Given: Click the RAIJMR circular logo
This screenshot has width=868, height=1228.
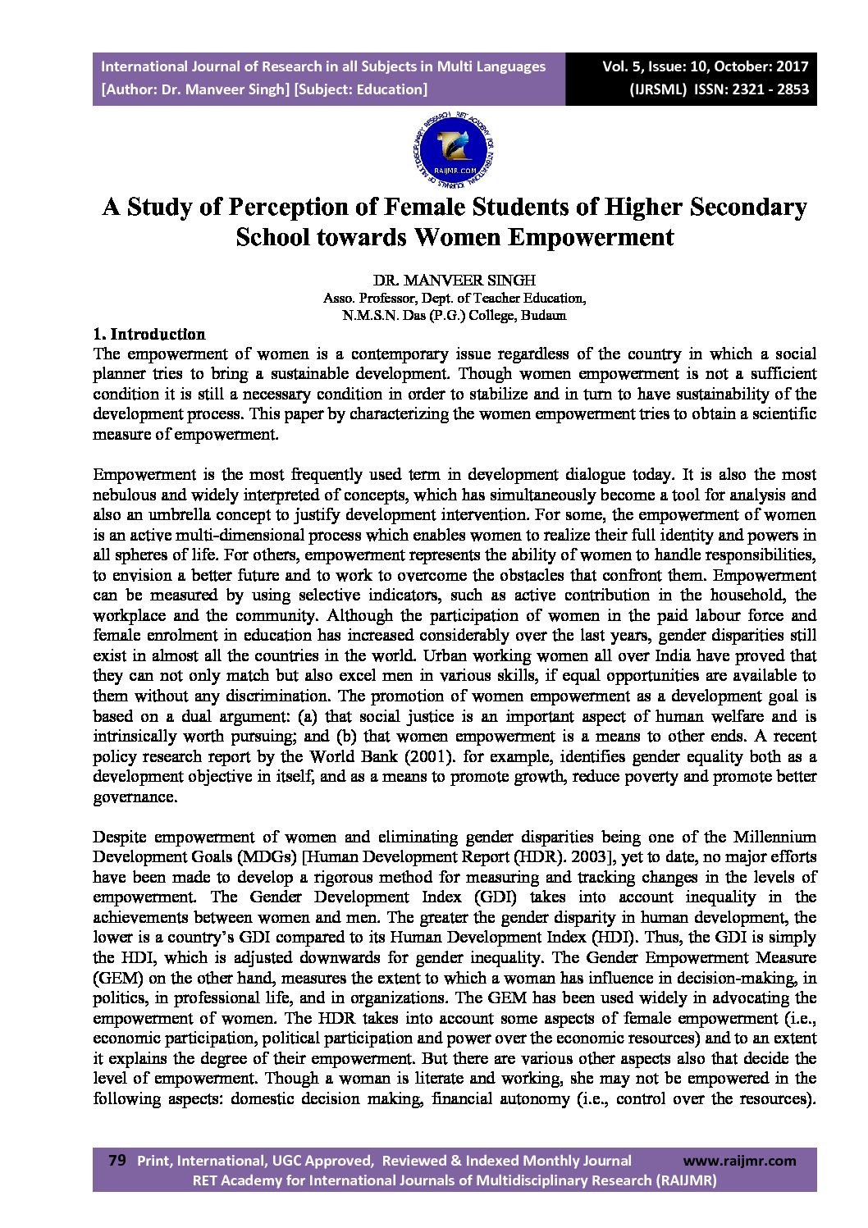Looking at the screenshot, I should click(454, 151).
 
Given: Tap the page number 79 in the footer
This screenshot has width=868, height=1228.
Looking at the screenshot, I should click(117, 1160).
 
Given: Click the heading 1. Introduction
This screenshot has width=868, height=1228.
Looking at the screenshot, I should click(149, 334).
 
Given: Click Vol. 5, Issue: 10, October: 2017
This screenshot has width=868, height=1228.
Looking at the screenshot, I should click(705, 66).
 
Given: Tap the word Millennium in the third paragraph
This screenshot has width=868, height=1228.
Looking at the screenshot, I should click(774, 837).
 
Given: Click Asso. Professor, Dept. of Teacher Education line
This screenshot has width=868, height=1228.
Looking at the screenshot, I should click(454, 298).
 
